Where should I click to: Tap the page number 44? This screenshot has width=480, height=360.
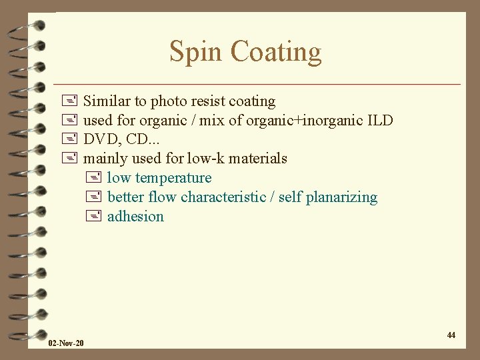(451, 335)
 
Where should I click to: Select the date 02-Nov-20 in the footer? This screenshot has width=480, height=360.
(66, 343)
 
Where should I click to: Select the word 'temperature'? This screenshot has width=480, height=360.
(173, 178)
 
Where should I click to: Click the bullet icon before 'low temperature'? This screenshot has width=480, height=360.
(93, 178)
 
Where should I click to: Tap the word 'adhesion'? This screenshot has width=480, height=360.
(135, 217)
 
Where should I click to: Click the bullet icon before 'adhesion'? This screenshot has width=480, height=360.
(93, 217)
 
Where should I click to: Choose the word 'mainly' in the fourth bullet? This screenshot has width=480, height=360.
(105, 159)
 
